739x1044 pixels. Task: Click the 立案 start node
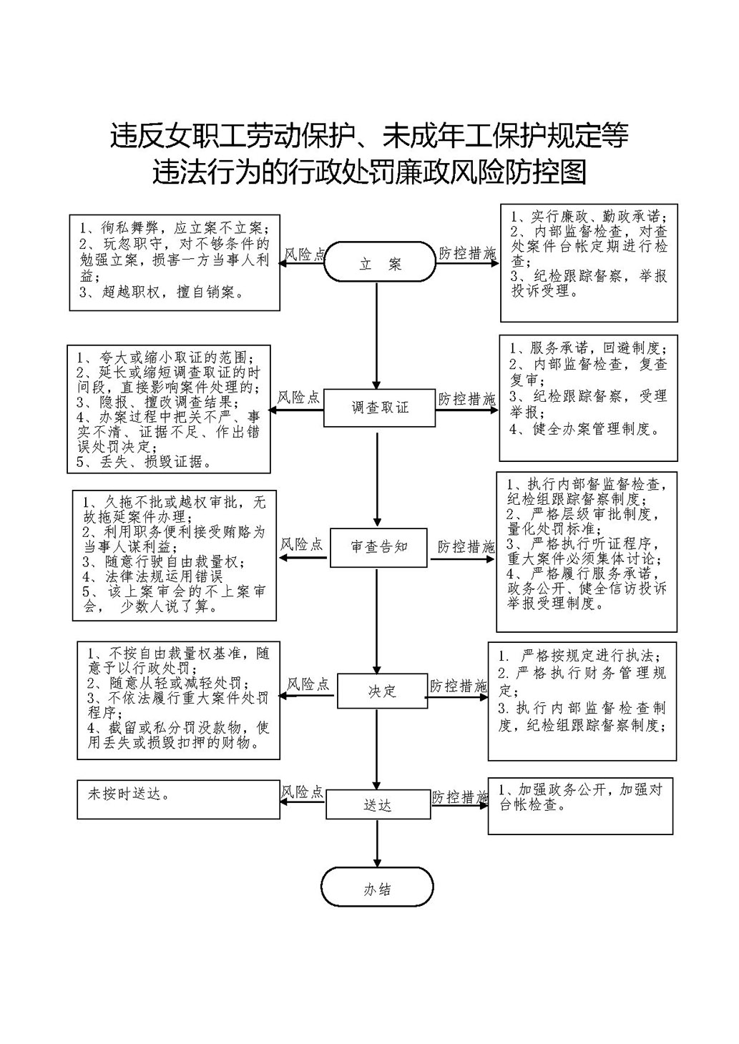380,264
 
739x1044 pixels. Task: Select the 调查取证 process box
380,408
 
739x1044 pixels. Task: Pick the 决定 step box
382,691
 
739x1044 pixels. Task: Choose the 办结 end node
377,890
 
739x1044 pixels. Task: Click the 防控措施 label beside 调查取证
466,399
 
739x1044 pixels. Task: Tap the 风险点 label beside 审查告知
301,544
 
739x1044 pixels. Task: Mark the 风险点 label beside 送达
302,792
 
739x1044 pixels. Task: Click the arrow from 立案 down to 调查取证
376,336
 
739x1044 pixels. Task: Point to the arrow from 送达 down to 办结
377,844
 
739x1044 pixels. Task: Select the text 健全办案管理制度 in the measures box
593,429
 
